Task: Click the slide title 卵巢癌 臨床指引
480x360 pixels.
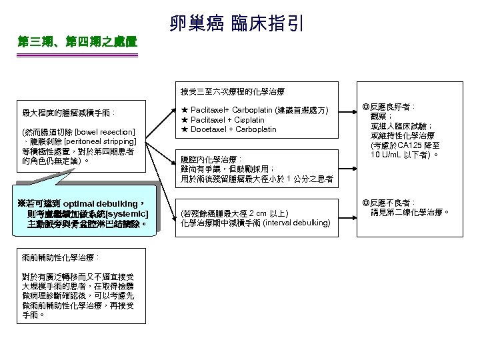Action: click(x=237, y=25)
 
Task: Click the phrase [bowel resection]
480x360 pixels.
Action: click(x=105, y=132)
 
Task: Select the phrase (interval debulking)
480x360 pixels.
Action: click(x=294, y=223)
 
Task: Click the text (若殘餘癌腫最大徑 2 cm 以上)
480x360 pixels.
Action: click(x=234, y=213)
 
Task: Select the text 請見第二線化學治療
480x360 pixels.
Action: click(x=411, y=213)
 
